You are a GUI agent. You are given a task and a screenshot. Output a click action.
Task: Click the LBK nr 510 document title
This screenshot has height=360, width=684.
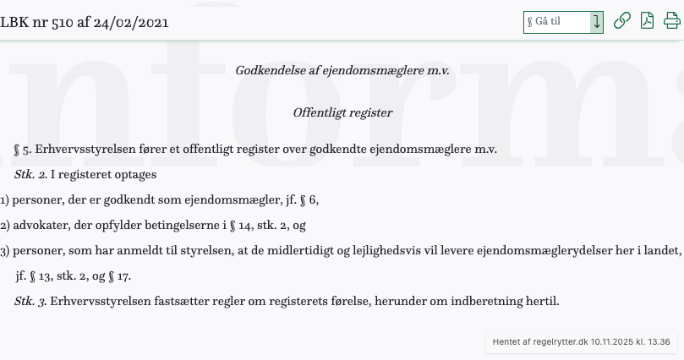click(x=85, y=22)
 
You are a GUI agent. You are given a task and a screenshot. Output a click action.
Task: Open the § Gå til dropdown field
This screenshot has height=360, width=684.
click(x=557, y=22)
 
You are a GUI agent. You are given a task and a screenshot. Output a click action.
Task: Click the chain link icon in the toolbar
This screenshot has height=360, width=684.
click(x=621, y=21)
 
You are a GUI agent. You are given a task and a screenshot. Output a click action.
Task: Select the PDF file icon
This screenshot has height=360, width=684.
click(x=647, y=21)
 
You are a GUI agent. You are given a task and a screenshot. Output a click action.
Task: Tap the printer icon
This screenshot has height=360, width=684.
click(x=672, y=21)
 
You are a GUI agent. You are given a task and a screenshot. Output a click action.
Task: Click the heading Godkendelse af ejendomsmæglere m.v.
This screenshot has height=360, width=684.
click(x=342, y=70)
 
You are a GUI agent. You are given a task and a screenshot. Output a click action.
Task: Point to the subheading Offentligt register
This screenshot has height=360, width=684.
click(x=342, y=112)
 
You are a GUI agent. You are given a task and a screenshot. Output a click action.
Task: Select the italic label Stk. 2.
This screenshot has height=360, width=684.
click(x=30, y=175)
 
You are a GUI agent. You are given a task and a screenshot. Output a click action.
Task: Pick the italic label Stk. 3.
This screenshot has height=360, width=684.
click(x=30, y=302)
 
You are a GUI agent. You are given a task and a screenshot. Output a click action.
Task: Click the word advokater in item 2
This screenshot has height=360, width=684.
click(x=40, y=226)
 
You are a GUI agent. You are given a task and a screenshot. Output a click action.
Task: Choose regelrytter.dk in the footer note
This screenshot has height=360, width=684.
click(x=557, y=342)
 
